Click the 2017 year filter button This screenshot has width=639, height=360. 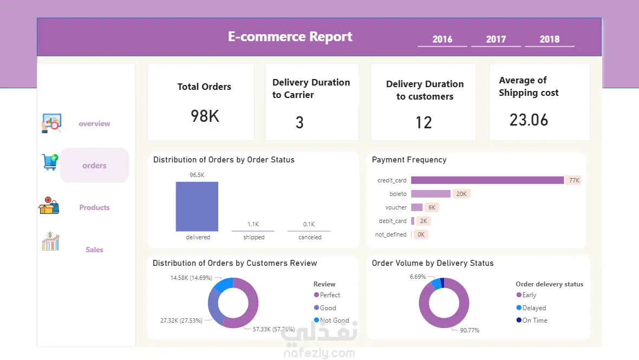[495, 39]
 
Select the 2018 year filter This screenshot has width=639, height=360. [549, 39]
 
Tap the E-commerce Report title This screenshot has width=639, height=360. [290, 37]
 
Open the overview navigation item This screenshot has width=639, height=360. [94, 123]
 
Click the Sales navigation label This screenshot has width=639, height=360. [94, 250]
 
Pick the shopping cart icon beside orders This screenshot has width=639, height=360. [50, 162]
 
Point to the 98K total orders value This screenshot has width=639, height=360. [205, 116]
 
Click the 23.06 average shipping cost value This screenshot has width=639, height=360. [529, 120]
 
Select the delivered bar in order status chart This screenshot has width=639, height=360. [197, 206]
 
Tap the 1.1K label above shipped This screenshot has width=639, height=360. [253, 224]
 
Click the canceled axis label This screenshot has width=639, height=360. [310, 237]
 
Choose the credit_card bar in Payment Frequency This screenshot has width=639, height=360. [487, 180]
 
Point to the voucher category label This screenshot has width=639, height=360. [396, 207]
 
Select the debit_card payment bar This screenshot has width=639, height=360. [413, 221]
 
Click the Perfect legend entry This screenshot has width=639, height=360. [330, 295]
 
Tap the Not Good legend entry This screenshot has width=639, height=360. [334, 320]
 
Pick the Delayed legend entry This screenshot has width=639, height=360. [534, 308]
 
